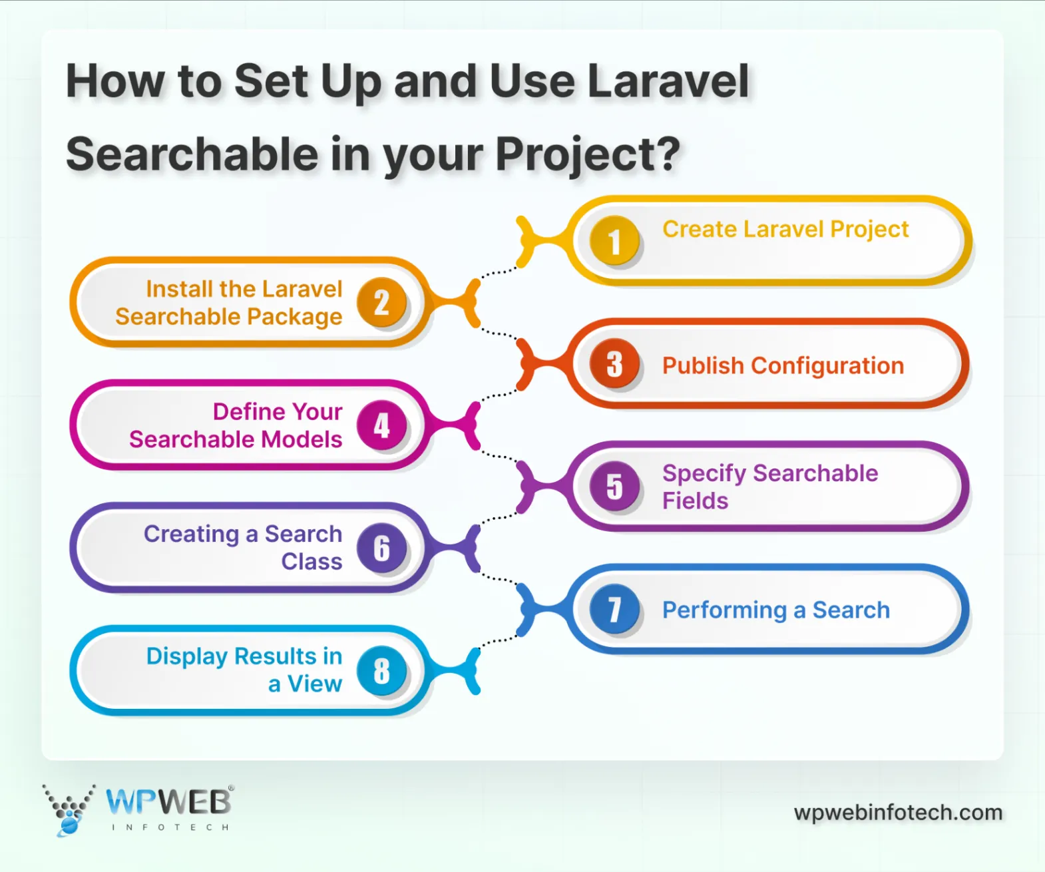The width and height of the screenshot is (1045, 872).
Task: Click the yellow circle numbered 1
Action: [x=614, y=240]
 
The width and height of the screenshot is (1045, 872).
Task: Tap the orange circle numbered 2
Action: [x=381, y=302]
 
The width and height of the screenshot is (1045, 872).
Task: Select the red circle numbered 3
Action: [x=614, y=363]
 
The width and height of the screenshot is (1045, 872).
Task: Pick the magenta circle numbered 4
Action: [x=381, y=425]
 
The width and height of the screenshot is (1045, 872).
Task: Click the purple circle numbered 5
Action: [x=614, y=486]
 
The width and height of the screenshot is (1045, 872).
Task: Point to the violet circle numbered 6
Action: [x=381, y=547]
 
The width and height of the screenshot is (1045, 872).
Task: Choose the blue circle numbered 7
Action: [x=614, y=608]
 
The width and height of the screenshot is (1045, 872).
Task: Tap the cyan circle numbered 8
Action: [x=381, y=670]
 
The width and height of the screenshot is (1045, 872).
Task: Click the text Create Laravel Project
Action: [x=785, y=229]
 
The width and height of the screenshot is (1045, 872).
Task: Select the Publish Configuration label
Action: [x=783, y=365]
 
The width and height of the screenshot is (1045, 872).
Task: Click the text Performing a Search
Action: [x=775, y=610]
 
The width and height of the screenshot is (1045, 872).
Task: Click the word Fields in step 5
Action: [x=695, y=501]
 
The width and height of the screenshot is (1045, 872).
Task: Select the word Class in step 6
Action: [x=312, y=561]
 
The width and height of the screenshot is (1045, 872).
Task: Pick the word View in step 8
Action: [x=314, y=684]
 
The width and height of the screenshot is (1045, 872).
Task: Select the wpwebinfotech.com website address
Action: [x=898, y=813]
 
